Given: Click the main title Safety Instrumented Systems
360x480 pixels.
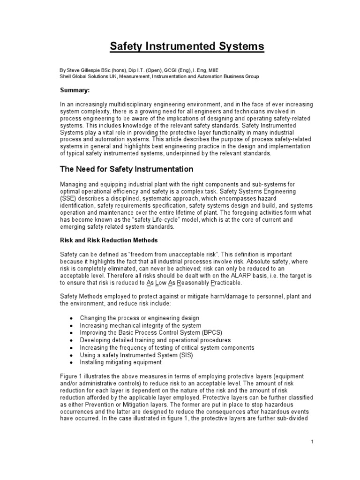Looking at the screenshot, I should click(x=187, y=47).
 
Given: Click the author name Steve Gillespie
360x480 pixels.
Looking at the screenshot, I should click(x=88, y=69).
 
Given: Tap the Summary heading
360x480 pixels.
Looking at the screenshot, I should click(x=76, y=90).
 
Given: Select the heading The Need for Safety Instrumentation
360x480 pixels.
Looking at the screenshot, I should click(x=126, y=169).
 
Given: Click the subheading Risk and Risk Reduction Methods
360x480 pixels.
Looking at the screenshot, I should click(x=108, y=240).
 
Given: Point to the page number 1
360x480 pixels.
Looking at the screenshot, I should click(x=312, y=442).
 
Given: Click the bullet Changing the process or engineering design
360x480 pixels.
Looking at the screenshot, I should click(x=139, y=318).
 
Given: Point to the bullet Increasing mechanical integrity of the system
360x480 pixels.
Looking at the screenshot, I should click(x=140, y=325).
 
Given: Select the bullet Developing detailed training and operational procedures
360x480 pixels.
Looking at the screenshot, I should click(x=155, y=340).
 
